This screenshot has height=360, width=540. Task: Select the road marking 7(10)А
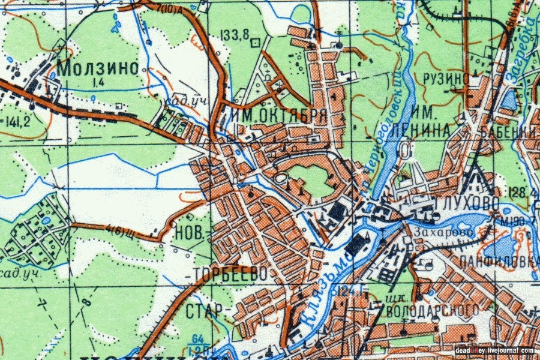click(175, 10)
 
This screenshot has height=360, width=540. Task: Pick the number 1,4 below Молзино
click(99, 80)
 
